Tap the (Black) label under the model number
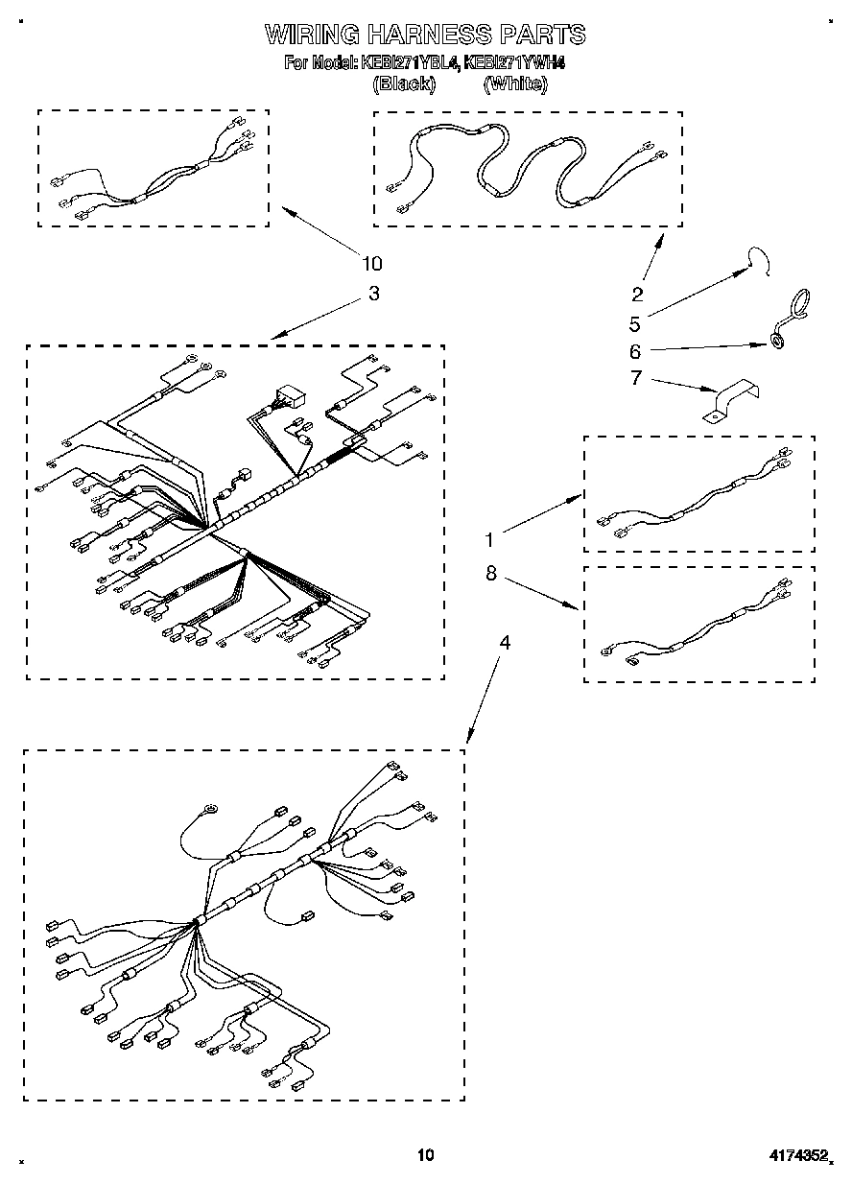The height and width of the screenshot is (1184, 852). point(403,84)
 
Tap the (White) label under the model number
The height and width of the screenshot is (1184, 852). point(515,84)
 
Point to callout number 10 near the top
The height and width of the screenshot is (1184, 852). point(371,264)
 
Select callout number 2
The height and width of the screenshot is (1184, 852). point(637,295)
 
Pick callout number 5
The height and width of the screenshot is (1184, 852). point(635,323)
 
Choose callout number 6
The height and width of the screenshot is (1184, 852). point(635,351)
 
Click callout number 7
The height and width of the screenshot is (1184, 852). point(635,378)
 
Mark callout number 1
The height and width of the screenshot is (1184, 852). point(490,539)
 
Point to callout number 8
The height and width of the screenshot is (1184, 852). point(490,573)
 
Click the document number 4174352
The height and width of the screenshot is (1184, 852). point(796,1155)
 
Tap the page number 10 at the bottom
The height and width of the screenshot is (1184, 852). point(426,1155)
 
